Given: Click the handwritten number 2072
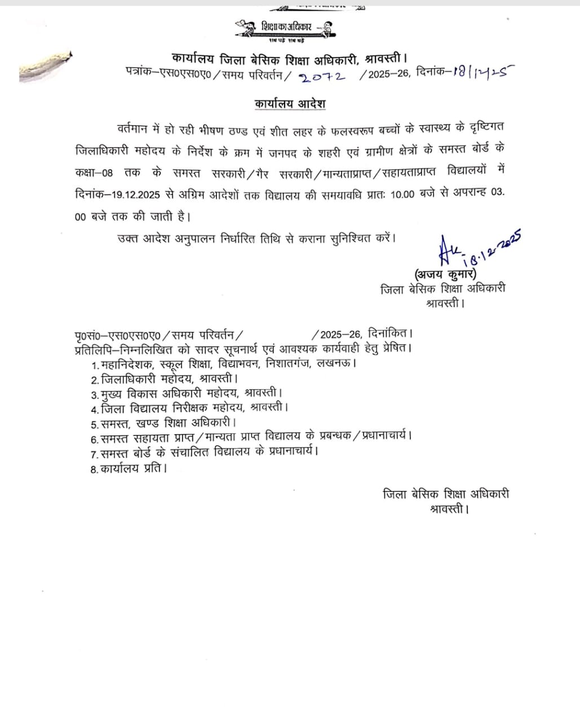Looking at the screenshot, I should (323, 77).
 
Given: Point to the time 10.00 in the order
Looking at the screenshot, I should (402, 193).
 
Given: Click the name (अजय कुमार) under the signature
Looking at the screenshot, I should (445, 274).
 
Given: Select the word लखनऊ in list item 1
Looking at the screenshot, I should (336, 363).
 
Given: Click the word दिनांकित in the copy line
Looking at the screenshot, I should (389, 334).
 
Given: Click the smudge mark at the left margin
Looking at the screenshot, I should (45, 66).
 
